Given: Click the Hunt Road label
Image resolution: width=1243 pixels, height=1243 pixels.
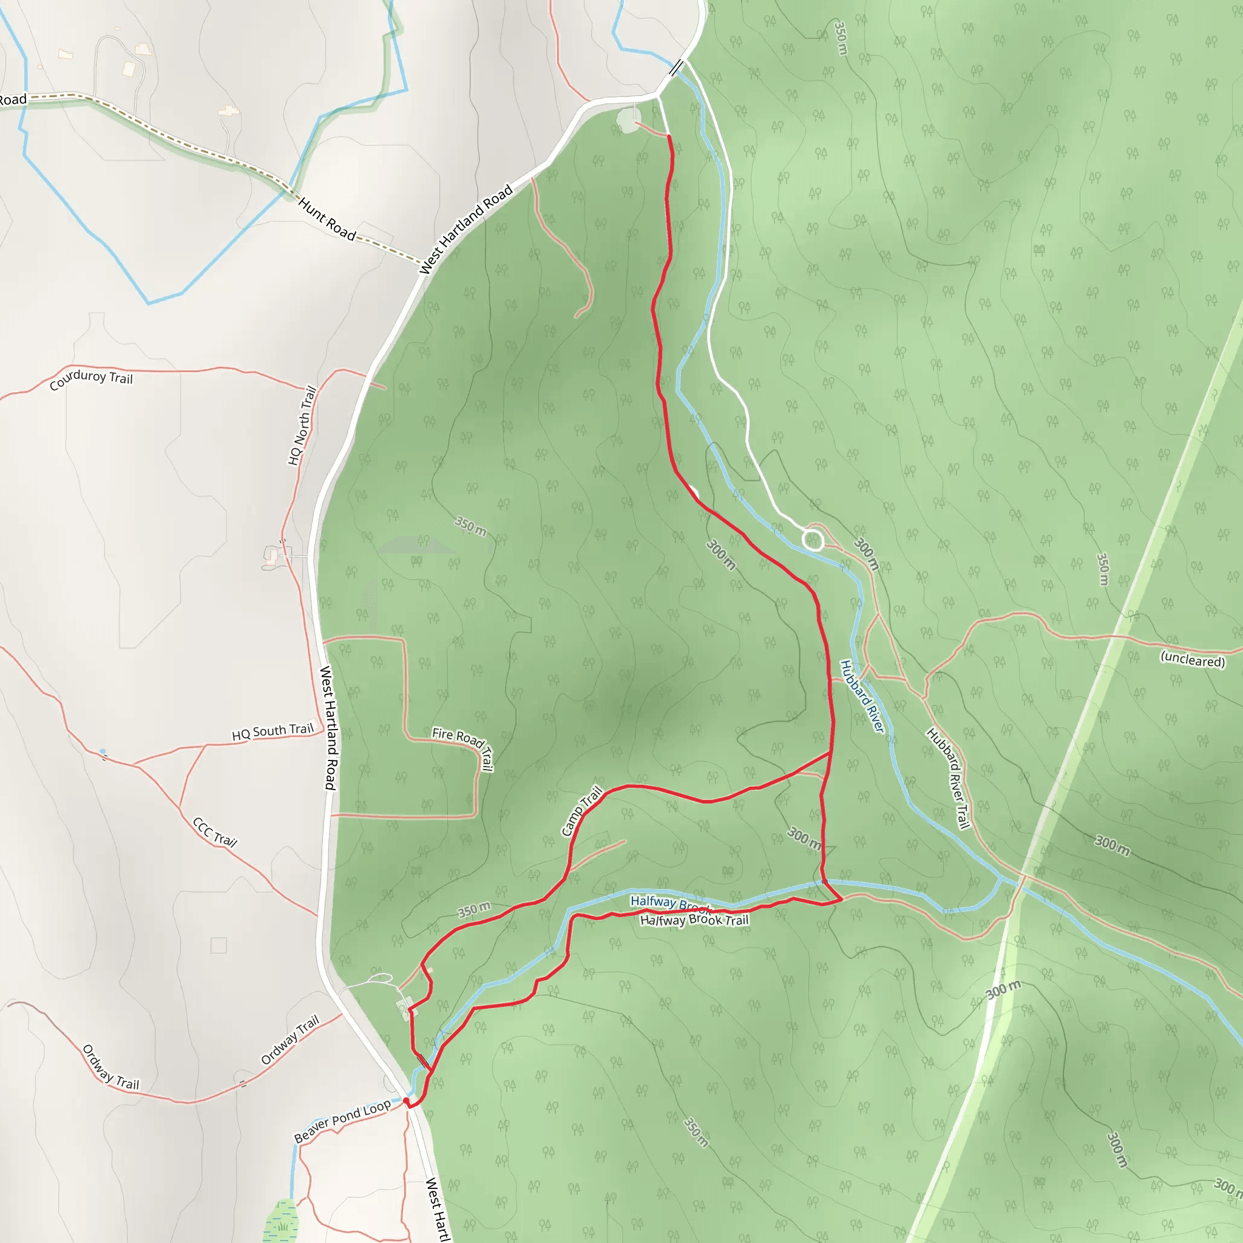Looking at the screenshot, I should [x=327, y=219].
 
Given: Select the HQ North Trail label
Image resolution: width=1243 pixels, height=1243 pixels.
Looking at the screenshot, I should [x=302, y=425].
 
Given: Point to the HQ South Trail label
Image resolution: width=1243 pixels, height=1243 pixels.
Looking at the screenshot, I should [x=273, y=731].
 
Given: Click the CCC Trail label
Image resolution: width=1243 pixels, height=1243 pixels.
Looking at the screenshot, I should [x=215, y=832].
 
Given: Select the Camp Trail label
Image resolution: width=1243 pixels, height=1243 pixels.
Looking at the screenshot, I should [x=582, y=811].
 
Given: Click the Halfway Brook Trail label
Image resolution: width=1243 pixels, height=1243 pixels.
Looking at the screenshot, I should [x=694, y=920].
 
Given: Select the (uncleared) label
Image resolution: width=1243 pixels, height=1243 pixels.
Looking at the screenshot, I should [x=1192, y=660].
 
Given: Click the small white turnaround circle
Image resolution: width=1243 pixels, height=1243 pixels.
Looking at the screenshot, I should [x=813, y=540].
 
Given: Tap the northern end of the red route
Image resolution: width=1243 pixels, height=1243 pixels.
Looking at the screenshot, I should [x=669, y=137].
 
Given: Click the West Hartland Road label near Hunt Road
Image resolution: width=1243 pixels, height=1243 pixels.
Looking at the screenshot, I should [x=466, y=229].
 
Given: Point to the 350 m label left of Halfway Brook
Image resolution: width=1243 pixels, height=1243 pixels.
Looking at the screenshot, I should [x=474, y=910].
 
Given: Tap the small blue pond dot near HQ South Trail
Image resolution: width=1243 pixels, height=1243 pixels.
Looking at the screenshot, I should [x=103, y=751].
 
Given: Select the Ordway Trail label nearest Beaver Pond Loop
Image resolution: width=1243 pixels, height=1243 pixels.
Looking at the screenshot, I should [x=290, y=1040].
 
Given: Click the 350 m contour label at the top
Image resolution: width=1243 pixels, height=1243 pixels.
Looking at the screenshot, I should [x=840, y=39].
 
